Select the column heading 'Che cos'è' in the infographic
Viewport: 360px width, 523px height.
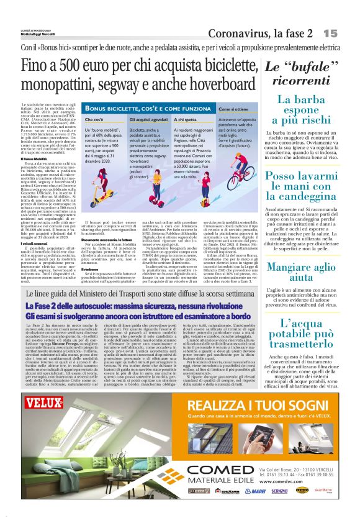(94, 117)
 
